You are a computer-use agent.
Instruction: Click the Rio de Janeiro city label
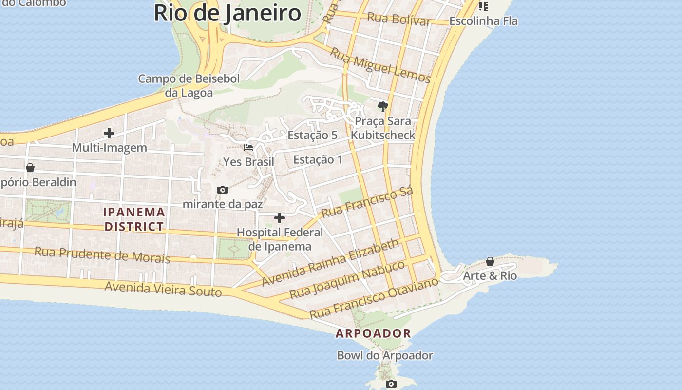[x=227, y=13]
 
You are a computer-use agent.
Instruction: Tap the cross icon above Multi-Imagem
[x=109, y=133]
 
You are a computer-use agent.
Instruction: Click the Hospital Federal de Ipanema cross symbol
[x=280, y=217]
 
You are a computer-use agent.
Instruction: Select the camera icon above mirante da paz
[x=223, y=190]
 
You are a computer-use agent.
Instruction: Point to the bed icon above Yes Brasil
[x=248, y=147]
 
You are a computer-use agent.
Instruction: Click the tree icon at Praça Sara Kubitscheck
[x=383, y=106]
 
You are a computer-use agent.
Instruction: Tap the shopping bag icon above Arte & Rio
[x=490, y=261]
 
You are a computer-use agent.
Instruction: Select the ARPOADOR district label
[x=374, y=333]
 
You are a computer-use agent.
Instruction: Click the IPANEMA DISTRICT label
[x=134, y=219]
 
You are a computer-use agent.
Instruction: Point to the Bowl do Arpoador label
[x=385, y=355]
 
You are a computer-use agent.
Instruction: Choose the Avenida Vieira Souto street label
[x=163, y=289]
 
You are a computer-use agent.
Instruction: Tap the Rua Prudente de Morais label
[x=102, y=254]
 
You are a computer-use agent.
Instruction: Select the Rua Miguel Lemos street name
[x=380, y=66]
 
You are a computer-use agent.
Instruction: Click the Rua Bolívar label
[x=399, y=19]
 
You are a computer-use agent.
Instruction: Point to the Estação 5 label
[x=312, y=135]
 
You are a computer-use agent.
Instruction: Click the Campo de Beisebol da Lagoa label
[x=189, y=85]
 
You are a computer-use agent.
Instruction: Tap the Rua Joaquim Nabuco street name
[x=347, y=280]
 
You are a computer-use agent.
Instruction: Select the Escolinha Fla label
[x=483, y=21]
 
